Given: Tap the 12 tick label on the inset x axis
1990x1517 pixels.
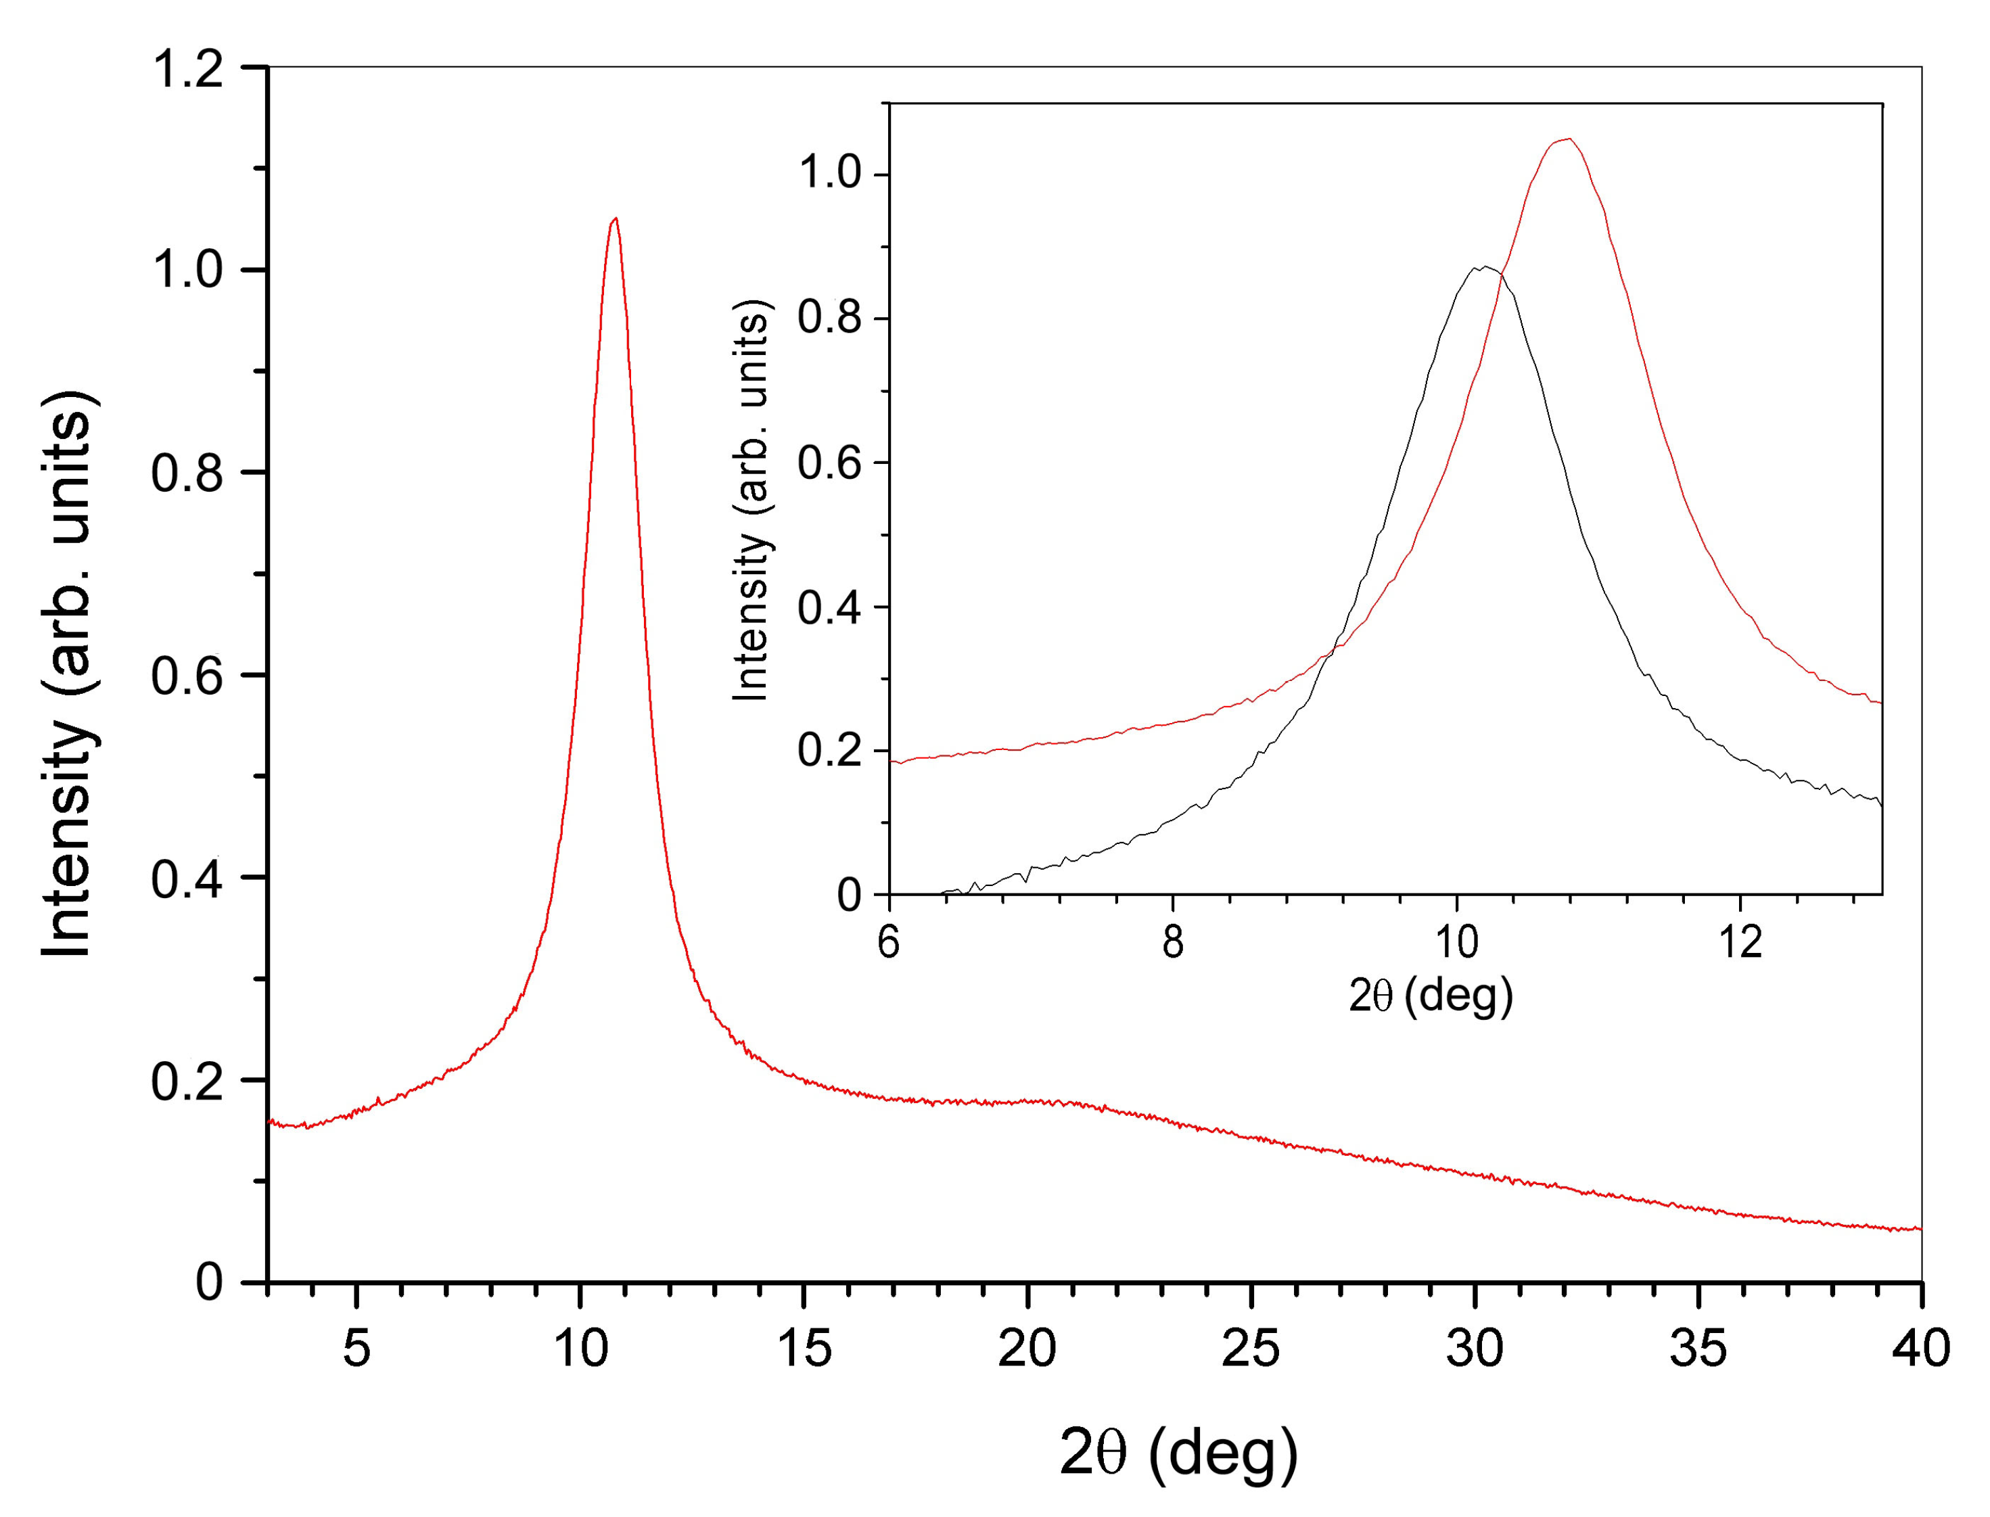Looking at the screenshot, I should (1739, 943).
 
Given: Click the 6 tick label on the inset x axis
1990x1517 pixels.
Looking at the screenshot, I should (889, 943).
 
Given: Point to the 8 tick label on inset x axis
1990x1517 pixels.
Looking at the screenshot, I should (1172, 943).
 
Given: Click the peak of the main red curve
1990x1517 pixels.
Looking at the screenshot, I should (615, 218).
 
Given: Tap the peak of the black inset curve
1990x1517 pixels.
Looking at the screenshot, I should (1483, 267).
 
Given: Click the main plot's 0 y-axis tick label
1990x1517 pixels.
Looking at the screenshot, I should (210, 1282).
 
